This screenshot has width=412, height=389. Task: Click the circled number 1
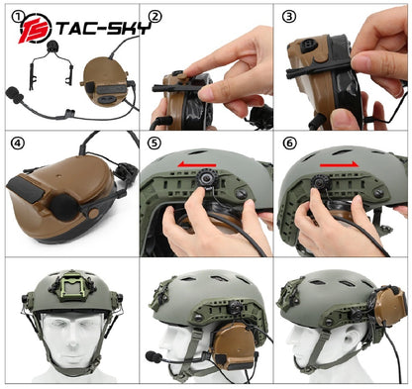(12, 15)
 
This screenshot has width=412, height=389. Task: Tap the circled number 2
(154, 16)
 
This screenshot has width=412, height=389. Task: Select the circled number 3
(289, 16)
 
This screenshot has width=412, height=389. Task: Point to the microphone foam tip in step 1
(17, 95)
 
